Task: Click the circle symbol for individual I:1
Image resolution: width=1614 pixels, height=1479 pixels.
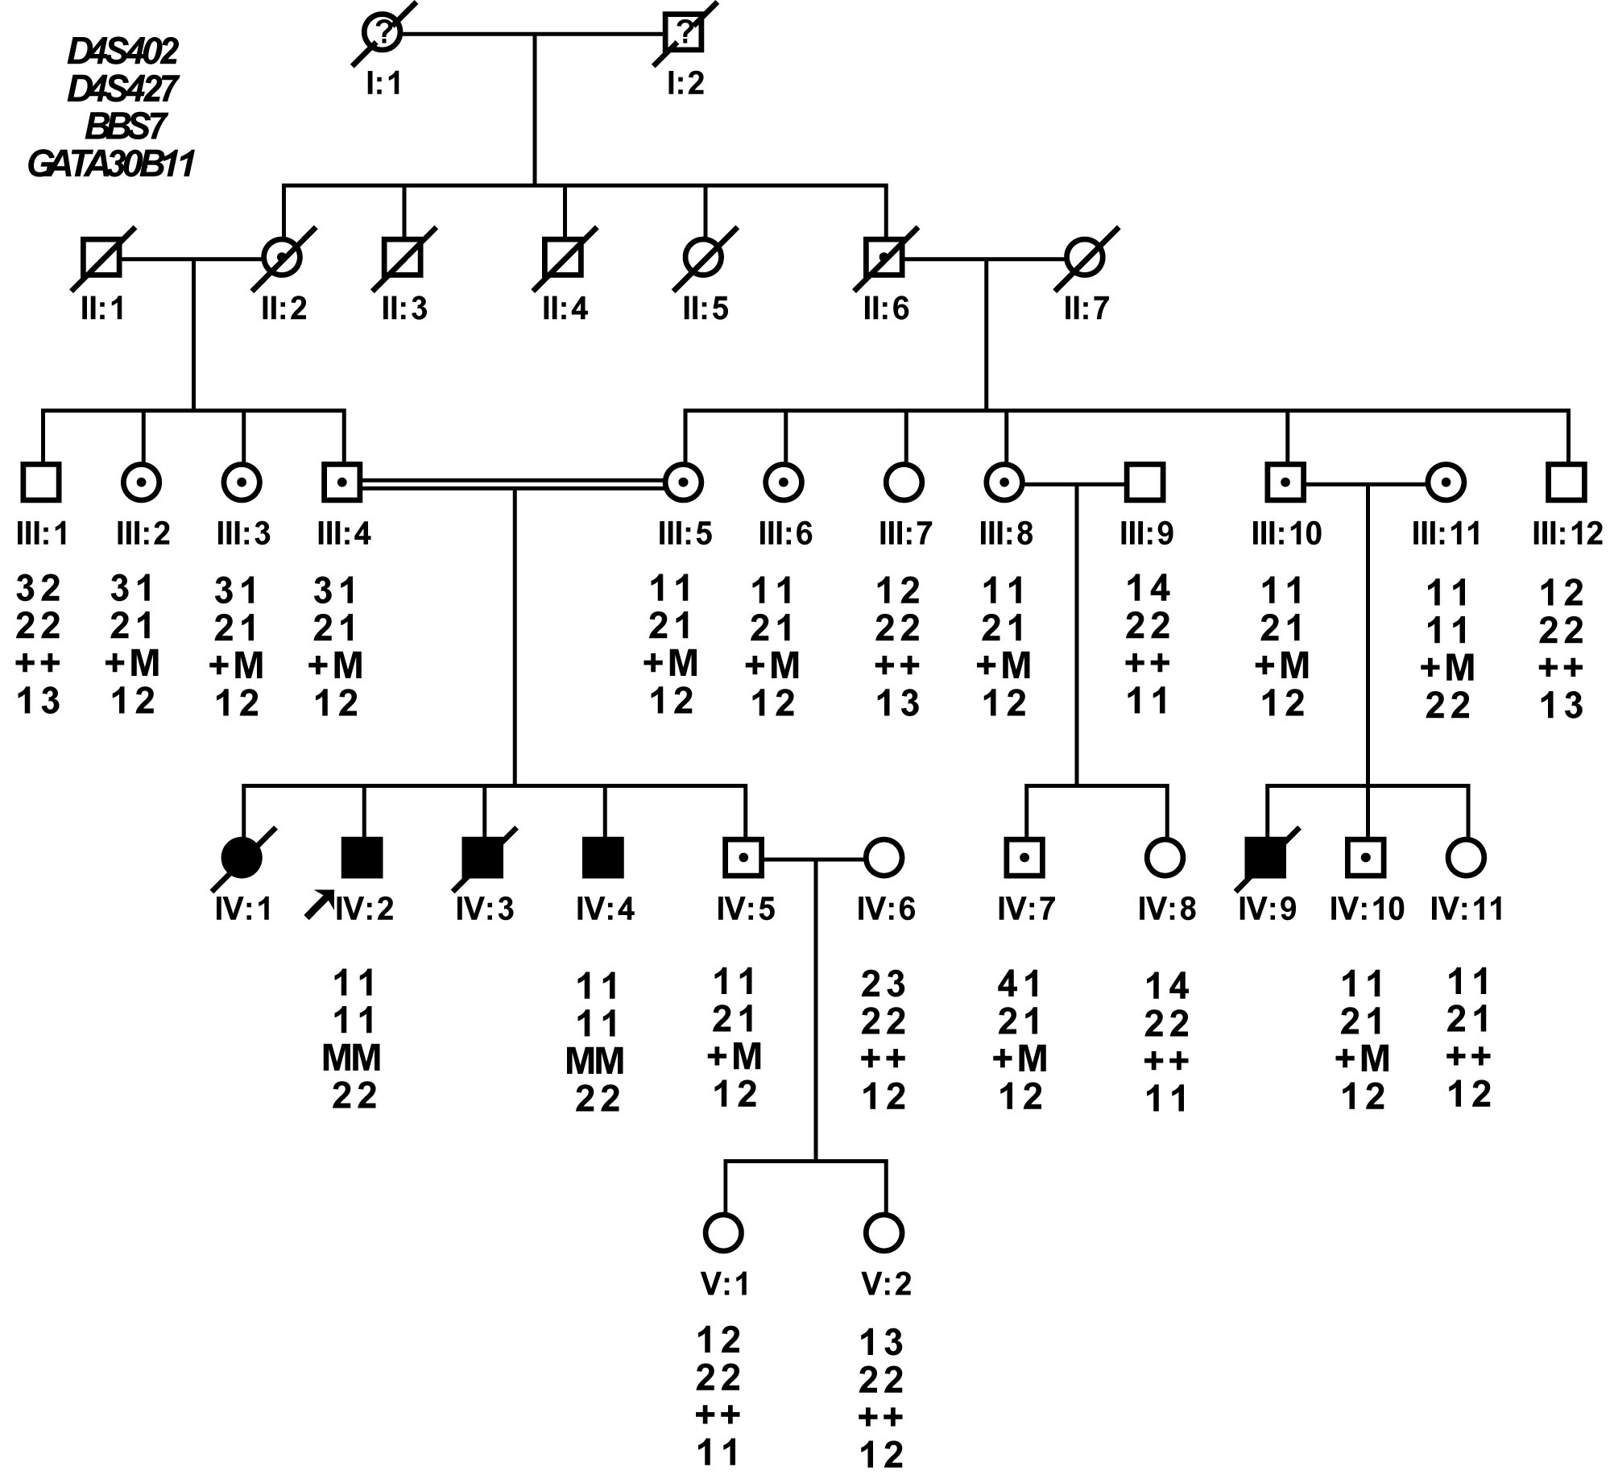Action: (382, 33)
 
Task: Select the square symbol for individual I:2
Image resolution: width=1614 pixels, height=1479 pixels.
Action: (684, 33)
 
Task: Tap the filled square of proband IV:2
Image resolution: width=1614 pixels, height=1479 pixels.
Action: (362, 857)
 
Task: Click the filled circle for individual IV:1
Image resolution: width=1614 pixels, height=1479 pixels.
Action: (242, 857)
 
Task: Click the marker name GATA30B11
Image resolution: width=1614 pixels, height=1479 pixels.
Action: (110, 164)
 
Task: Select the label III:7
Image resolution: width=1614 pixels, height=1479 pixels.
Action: (905, 533)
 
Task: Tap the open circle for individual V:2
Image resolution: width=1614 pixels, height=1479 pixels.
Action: (884, 1232)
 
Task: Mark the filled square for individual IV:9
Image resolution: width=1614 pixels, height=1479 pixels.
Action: (1265, 857)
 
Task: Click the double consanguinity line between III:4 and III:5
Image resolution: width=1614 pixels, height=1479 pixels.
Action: (513, 483)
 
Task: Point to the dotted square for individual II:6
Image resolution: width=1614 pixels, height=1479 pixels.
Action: (885, 257)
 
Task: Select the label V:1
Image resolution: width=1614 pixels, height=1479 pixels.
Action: (725, 1284)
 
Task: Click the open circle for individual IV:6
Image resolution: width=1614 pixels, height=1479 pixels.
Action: (884, 857)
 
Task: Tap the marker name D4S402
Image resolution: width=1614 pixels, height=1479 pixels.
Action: (122, 52)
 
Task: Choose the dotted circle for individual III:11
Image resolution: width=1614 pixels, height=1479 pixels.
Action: (1446, 483)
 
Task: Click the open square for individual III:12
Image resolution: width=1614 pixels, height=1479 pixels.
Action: (1566, 483)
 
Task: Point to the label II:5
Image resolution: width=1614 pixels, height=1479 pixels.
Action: (706, 309)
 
